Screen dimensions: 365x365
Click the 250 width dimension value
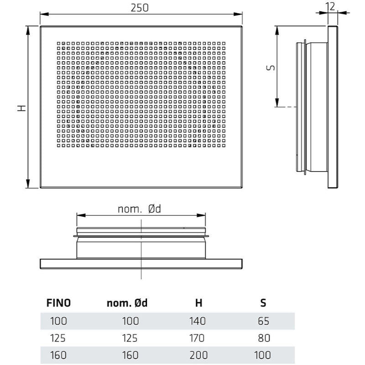coord(141,8)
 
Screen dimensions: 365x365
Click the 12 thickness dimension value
coord(331,5)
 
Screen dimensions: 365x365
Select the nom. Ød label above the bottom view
coord(140,209)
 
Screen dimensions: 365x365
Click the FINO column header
coord(59,302)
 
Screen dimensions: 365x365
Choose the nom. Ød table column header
coord(130,302)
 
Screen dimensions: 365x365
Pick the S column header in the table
coord(263,302)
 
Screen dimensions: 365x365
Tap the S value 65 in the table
coord(263,321)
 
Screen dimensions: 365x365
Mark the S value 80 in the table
coord(263,338)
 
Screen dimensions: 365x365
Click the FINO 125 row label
coord(58,338)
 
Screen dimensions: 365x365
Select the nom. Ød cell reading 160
coord(130,355)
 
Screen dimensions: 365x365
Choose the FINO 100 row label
coord(58,321)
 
